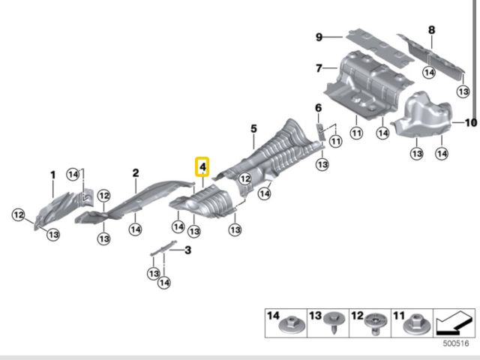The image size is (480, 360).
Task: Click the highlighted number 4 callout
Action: tap(202, 166)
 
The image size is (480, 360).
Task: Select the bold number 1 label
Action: tap(53, 175)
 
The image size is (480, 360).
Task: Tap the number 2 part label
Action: tap(136, 173)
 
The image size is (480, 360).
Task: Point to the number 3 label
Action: tap(187, 250)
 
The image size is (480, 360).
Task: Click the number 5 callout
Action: tap(253, 128)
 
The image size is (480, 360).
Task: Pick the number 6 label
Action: tap(318, 108)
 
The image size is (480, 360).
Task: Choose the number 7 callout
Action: tap(319, 68)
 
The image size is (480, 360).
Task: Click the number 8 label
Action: tap(431, 30)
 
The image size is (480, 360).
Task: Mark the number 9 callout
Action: tap(319, 37)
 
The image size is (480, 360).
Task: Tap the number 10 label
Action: tap(471, 123)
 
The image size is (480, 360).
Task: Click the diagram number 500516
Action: tap(456, 343)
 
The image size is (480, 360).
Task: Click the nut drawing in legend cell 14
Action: tap(292, 325)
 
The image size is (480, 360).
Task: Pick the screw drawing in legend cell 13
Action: tap(334, 323)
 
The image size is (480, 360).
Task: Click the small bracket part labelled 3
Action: tap(163, 247)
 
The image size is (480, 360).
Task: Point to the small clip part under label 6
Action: tap(320, 132)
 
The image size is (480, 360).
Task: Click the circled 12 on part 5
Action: tap(245, 178)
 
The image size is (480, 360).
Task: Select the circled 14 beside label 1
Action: tap(73, 175)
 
